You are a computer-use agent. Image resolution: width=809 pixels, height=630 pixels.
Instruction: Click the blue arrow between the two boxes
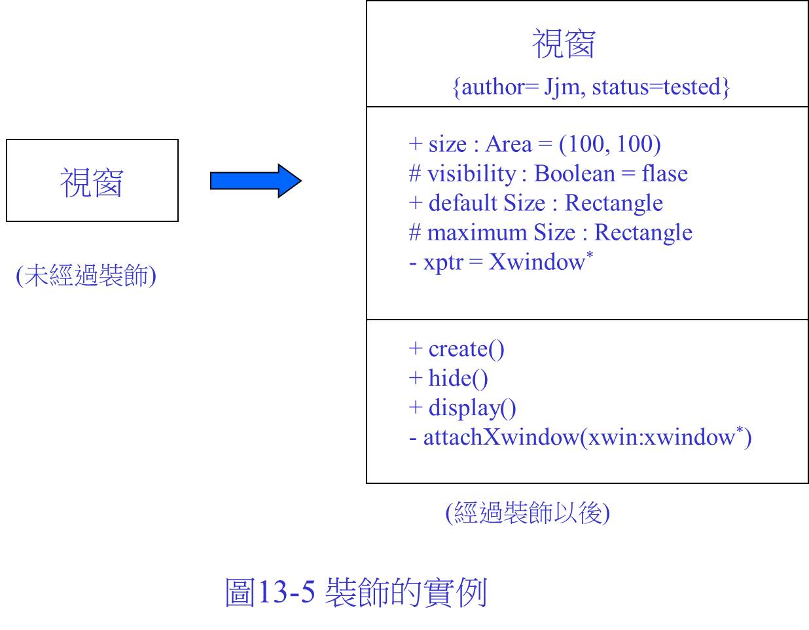[x=256, y=181]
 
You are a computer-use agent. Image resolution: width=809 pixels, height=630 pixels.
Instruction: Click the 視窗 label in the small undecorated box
[x=92, y=182]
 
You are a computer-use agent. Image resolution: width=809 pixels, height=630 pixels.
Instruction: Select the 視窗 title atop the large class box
[x=564, y=44]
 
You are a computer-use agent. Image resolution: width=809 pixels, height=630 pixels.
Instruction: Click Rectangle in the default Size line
[x=614, y=203]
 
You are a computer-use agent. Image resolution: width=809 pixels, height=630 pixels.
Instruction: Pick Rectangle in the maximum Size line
[x=643, y=232]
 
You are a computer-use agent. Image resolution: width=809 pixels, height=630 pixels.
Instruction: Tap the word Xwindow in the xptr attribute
[x=537, y=262]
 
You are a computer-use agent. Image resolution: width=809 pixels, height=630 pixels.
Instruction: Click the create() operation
[x=466, y=350]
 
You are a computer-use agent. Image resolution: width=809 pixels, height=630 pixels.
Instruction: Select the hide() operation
[x=458, y=379]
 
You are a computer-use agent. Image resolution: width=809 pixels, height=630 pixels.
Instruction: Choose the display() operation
[x=472, y=409]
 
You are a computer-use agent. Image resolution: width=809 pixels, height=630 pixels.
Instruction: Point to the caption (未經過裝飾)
[x=86, y=276]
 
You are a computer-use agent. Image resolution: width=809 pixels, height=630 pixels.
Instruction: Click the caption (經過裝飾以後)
[x=528, y=513]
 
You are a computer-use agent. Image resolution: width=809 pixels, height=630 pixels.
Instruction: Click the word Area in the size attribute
[x=509, y=144]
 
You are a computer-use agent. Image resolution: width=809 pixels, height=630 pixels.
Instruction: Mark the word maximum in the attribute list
[x=476, y=233]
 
